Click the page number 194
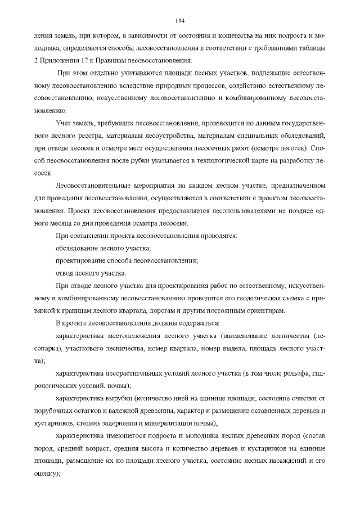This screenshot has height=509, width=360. pos(180,21)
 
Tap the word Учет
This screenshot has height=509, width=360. pos(64,123)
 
